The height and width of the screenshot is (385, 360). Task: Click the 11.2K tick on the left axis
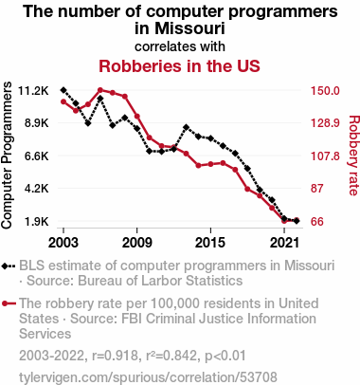pyautogui.click(x=33, y=91)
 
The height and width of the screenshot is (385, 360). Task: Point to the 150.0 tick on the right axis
pyautogui.click(x=325, y=91)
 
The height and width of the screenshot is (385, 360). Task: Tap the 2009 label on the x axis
pyautogui.click(x=136, y=243)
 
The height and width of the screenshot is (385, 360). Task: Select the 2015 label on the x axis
pyautogui.click(x=210, y=243)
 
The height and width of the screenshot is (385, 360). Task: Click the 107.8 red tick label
pyautogui.click(x=325, y=156)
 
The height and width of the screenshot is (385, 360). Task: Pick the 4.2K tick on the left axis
pyautogui.click(x=37, y=189)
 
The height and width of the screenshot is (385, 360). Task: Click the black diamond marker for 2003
pyautogui.click(x=63, y=90)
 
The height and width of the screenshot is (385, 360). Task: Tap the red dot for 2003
pyautogui.click(x=63, y=101)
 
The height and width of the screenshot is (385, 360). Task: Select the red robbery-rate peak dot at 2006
pyautogui.click(x=100, y=90)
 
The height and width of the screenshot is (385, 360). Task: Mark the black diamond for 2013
pyautogui.click(x=186, y=127)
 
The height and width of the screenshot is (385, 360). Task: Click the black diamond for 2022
pyautogui.click(x=297, y=221)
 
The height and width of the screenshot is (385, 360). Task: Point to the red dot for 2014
pyautogui.click(x=198, y=165)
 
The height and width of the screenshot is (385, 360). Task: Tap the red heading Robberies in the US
pyautogui.click(x=179, y=66)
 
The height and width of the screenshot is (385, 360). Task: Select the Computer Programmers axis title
pyautogui.click(x=7, y=155)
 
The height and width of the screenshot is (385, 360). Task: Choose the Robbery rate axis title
pyautogui.click(x=353, y=156)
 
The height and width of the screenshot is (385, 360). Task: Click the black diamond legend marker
pyautogui.click(x=5, y=266)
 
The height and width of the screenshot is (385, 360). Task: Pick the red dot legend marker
pyautogui.click(x=5, y=303)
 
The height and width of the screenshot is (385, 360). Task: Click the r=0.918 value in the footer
pyautogui.click(x=115, y=356)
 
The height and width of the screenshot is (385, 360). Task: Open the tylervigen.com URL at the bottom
pyautogui.click(x=148, y=377)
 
